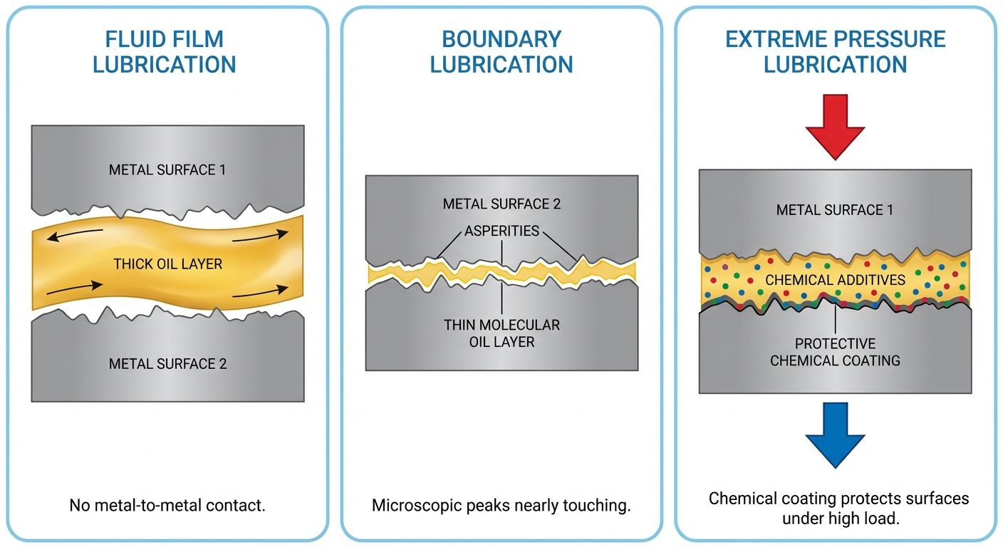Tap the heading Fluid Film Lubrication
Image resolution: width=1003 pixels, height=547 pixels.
click(x=164, y=51)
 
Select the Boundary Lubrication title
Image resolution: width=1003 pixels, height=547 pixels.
click(x=501, y=51)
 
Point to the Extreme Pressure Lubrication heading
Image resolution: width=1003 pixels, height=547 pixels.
click(x=835, y=51)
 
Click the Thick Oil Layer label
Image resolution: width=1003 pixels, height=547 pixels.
click(x=168, y=264)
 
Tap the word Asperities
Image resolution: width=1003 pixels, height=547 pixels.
click(x=501, y=231)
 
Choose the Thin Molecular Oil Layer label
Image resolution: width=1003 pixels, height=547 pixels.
click(x=501, y=333)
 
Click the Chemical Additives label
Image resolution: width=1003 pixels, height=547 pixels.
click(x=835, y=280)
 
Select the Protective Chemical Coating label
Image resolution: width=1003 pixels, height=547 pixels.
click(x=835, y=352)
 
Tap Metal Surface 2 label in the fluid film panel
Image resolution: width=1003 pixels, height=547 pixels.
click(x=167, y=364)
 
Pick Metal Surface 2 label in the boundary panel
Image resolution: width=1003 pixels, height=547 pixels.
click(x=501, y=204)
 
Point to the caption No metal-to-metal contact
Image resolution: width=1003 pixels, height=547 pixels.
click(x=167, y=506)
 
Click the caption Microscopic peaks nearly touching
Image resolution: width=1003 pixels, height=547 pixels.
click(x=501, y=506)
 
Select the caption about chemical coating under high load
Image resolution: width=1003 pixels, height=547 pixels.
click(x=838, y=508)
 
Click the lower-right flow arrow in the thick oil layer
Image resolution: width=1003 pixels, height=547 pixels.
click(x=261, y=291)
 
